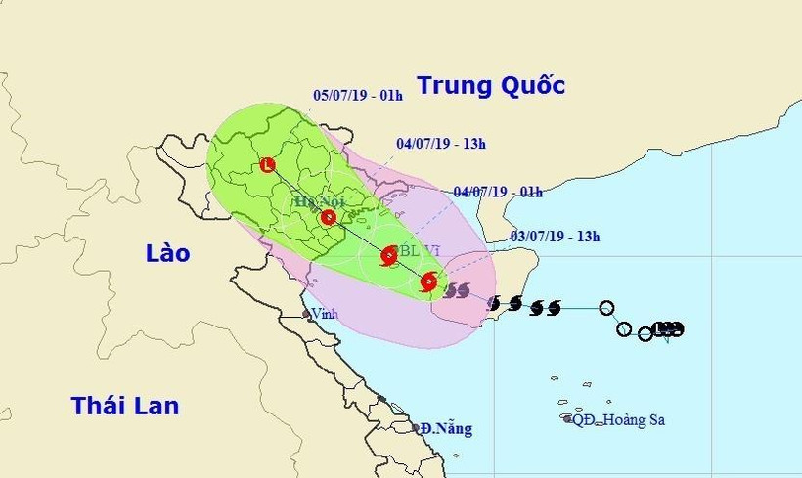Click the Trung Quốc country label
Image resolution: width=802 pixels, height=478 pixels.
click(x=491, y=86)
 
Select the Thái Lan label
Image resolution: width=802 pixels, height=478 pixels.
click(x=125, y=405)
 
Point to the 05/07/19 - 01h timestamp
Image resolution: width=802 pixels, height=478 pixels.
click(x=358, y=96)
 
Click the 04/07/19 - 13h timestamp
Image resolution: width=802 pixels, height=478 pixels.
click(x=441, y=144)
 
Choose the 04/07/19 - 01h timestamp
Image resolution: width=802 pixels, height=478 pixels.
click(x=498, y=192)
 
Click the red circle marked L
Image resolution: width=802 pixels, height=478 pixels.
click(x=268, y=165)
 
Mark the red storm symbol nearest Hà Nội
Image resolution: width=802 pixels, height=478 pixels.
click(x=329, y=217)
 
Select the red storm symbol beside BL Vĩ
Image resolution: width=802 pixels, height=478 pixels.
click(x=387, y=256)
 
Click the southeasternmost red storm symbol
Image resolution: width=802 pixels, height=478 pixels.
click(x=428, y=282)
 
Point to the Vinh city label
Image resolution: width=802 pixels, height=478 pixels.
click(x=322, y=314)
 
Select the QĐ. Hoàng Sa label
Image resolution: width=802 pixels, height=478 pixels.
click(x=619, y=419)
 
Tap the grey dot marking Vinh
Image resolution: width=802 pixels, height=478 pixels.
click(x=306, y=315)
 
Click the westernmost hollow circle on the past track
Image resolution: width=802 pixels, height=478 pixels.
click(x=607, y=309)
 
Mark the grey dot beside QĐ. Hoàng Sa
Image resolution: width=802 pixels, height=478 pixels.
click(x=568, y=419)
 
